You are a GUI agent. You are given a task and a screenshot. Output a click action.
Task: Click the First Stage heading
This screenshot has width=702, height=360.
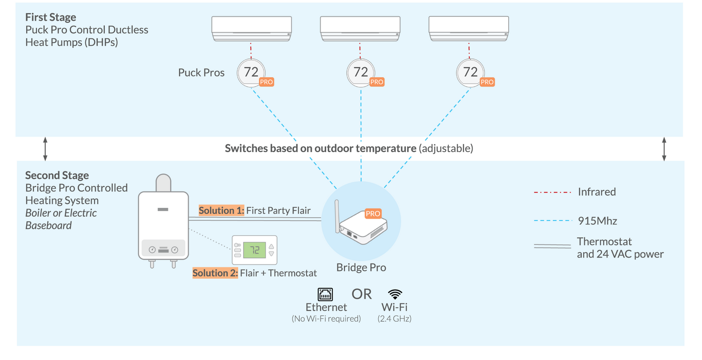coord(51,17)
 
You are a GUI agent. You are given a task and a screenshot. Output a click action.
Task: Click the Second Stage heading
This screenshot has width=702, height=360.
coord(57,176)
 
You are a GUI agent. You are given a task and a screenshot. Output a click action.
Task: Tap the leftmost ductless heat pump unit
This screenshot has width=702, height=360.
coord(251,29)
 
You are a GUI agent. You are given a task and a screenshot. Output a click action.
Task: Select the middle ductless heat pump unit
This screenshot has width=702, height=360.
coord(359,29)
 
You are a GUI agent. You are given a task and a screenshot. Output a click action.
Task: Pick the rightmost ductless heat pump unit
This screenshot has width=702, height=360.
coord(469,29)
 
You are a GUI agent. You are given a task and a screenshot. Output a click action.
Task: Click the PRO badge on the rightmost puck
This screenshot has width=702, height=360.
coord(487,82)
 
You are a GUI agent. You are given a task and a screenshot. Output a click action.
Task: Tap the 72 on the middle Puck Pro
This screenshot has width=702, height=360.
coord(360,72)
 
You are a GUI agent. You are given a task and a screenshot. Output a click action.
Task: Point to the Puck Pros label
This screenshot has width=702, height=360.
coord(201,73)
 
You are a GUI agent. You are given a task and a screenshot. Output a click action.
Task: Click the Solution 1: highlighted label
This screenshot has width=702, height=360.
coord(221,210)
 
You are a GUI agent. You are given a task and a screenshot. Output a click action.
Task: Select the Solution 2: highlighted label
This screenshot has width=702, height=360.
coord(215,273)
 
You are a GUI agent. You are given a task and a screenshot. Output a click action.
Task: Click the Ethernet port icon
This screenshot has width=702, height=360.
coord(325,294)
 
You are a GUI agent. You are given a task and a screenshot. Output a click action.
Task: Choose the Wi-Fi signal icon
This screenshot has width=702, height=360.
coord(395,294)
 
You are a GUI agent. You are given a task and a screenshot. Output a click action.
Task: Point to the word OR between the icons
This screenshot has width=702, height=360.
coord(361,294)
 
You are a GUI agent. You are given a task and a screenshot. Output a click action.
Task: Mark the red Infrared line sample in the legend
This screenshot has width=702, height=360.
coord(552,192)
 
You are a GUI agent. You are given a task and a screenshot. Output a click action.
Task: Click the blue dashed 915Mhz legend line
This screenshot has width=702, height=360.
coord(552,220)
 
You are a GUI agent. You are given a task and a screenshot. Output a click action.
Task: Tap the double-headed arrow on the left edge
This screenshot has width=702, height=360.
coord(45,149)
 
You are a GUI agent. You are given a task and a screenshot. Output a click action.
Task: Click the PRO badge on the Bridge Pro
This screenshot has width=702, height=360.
coord(373,213)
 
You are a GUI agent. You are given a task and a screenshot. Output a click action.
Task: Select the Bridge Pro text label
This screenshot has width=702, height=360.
coord(361,268)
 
